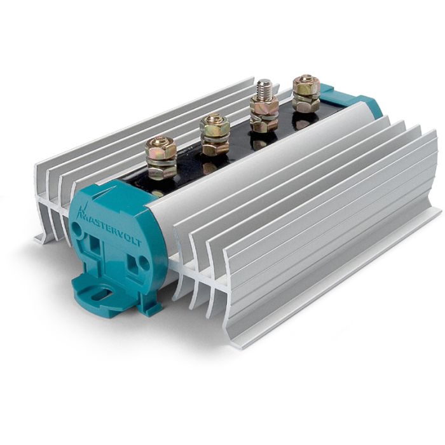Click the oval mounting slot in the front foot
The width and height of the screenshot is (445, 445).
pos(102,293)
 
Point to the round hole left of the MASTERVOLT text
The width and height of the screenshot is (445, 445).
pos(76,226)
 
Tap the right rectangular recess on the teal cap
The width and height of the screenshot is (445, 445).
pos(132,262)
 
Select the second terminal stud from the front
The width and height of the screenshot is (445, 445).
pos(214,134)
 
